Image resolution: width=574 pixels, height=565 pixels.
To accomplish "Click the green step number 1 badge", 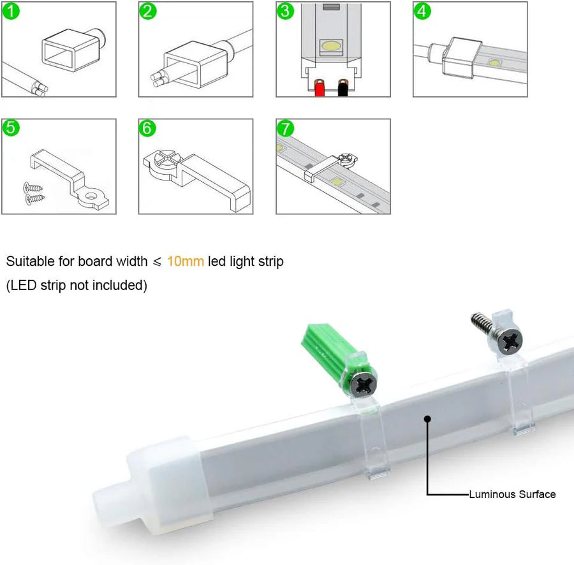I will (11, 11).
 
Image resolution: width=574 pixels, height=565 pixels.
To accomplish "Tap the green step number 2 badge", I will (148, 11).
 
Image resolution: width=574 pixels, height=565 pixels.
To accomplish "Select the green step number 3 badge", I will (285, 11).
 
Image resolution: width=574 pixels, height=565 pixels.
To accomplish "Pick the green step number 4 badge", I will (422, 11).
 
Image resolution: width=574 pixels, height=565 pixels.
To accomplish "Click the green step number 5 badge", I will (11, 128).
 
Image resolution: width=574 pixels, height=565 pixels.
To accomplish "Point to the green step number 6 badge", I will (148, 128).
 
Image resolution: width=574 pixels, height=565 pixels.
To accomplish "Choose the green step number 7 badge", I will (285, 128).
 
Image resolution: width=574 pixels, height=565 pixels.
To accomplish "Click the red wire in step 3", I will (319, 89).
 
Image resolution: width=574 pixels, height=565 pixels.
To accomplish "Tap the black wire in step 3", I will (343, 89).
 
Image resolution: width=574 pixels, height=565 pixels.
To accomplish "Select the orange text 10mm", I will (186, 261).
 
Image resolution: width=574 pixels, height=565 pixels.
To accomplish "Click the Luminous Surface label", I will (512, 494).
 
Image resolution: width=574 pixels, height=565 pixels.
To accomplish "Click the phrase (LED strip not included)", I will (77, 285).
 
